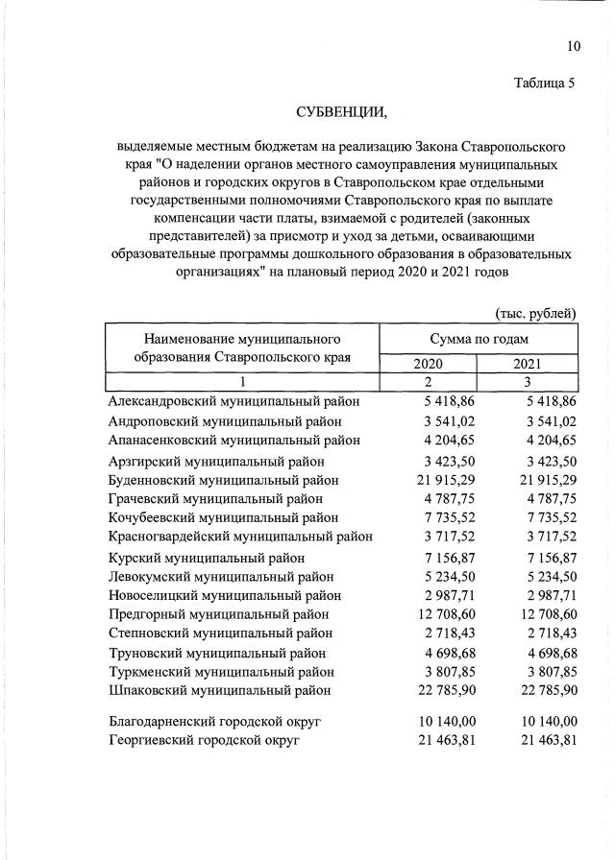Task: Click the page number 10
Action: (574, 46)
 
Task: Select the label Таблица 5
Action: (544, 83)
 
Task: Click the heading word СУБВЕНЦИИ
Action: (341, 115)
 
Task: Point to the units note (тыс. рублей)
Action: (535, 313)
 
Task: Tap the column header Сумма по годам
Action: (479, 340)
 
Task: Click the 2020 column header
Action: (429, 365)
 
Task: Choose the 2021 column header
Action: (528, 365)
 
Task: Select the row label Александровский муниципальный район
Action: (234, 402)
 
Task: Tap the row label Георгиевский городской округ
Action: (205, 740)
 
